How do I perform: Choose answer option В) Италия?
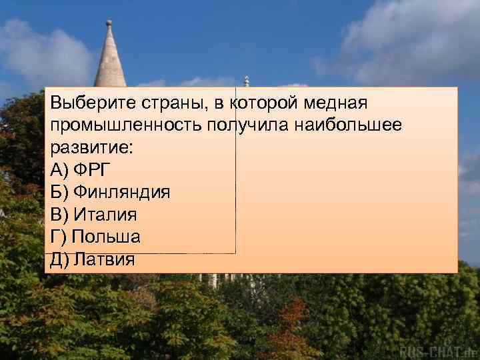point(93,215)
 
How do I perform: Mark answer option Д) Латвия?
point(93,259)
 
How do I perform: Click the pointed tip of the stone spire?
point(109,23)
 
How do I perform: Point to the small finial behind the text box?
point(246,81)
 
